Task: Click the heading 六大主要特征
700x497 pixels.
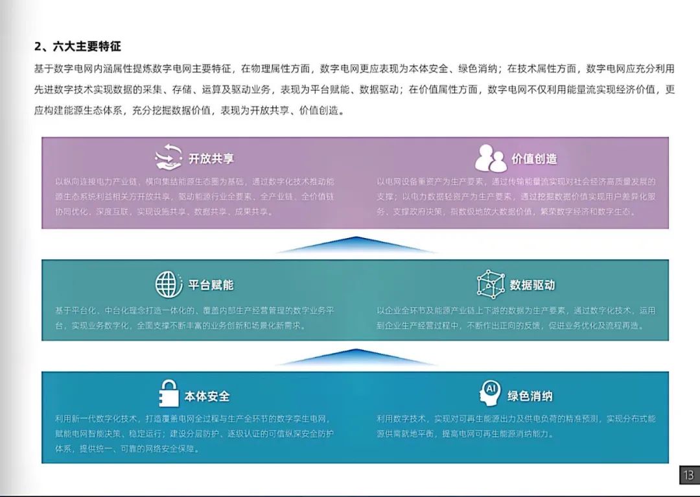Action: pyautogui.click(x=78, y=47)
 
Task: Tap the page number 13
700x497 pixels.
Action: pyautogui.click(x=688, y=476)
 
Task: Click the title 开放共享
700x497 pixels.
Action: pyautogui.click(x=211, y=159)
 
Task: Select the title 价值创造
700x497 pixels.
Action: pyautogui.click(x=534, y=159)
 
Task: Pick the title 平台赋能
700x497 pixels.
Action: pyautogui.click(x=211, y=285)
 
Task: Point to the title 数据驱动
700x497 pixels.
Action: pyautogui.click(x=532, y=285)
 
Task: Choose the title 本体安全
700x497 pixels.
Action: pyautogui.click(x=207, y=396)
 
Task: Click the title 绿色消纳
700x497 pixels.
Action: pyautogui.click(x=530, y=396)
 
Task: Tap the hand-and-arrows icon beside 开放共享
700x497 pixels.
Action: pyautogui.click(x=168, y=158)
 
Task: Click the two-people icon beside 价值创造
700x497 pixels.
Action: pyautogui.click(x=490, y=158)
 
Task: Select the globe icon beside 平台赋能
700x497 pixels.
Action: pyautogui.click(x=169, y=285)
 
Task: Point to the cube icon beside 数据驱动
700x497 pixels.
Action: pyautogui.click(x=490, y=284)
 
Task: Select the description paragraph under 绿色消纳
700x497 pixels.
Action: pyautogui.click(x=516, y=426)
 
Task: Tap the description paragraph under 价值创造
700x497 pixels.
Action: pyautogui.click(x=516, y=197)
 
